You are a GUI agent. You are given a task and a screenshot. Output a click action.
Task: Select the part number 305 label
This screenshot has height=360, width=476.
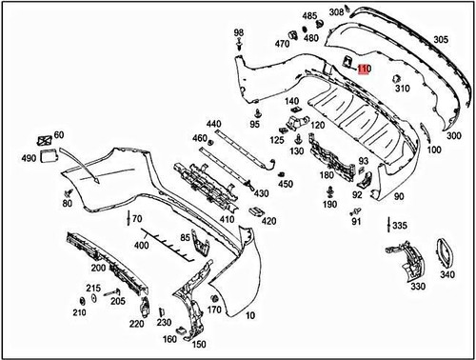click(442, 39)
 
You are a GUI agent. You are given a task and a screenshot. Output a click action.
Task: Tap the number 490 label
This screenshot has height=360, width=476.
click(19, 157)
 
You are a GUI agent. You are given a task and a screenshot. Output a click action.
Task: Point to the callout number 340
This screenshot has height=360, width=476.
click(447, 274)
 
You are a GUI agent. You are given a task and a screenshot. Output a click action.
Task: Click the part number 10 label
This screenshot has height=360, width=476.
click(250, 315)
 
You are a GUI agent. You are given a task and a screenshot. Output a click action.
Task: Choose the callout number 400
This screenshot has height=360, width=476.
click(143, 245)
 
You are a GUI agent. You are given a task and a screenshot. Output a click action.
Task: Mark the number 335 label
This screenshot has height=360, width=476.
click(400, 226)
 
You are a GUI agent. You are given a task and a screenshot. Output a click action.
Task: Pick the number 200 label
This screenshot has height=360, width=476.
click(98, 268)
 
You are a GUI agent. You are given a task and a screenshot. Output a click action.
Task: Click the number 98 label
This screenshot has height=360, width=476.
click(238, 33)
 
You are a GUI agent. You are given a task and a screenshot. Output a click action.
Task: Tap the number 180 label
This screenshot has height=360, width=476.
click(327, 175)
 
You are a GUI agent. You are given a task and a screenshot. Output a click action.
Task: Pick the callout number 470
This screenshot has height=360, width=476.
click(282, 44)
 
